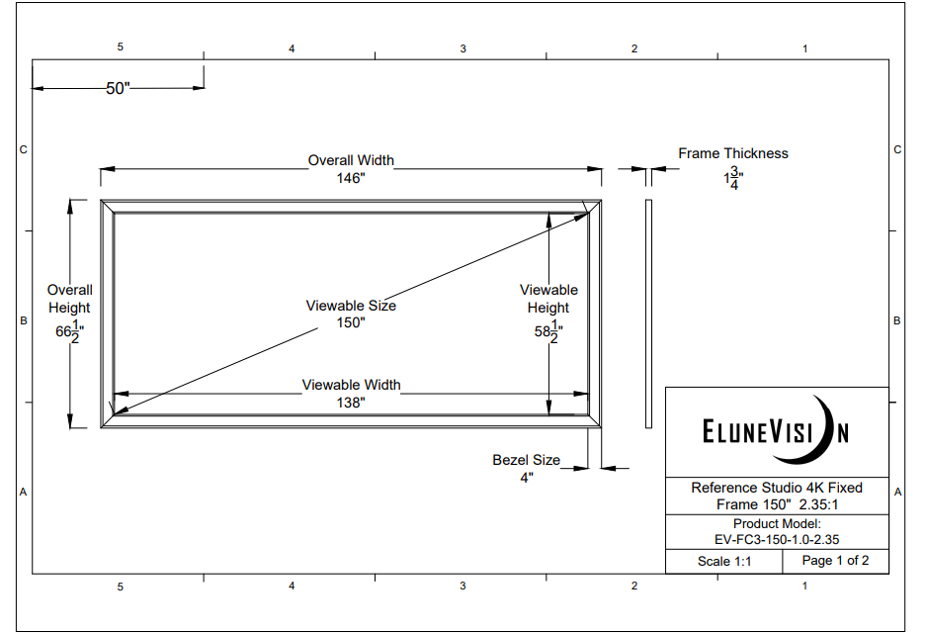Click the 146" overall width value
(x=351, y=178)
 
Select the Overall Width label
(x=351, y=160)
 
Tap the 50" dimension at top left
(x=119, y=88)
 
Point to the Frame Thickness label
(x=733, y=153)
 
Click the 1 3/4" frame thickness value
(x=733, y=179)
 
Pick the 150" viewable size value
(x=351, y=323)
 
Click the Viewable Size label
(x=351, y=306)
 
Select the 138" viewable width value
(x=351, y=403)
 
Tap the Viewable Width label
(x=351, y=385)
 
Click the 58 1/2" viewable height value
(x=548, y=332)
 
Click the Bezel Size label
(x=527, y=460)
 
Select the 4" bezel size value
(x=527, y=478)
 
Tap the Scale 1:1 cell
(x=723, y=561)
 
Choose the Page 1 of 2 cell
(x=835, y=561)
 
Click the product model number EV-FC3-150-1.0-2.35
(x=777, y=539)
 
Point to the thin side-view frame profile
(x=648, y=314)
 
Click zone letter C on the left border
(x=23, y=150)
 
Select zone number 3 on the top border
(x=463, y=48)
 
